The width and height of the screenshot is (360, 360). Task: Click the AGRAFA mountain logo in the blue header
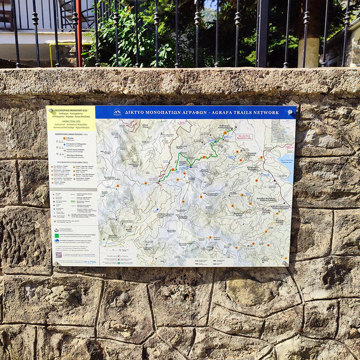click(x=117, y=112)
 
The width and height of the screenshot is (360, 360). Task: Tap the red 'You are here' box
click(x=245, y=136)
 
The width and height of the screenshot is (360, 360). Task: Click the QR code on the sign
click(x=58, y=254)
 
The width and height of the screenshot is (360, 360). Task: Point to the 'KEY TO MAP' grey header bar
click(x=72, y=190)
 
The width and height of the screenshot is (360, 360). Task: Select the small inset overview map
click(x=282, y=131)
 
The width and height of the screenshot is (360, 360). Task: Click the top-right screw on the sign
click(x=290, y=112)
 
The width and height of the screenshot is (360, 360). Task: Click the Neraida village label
click(x=280, y=221)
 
